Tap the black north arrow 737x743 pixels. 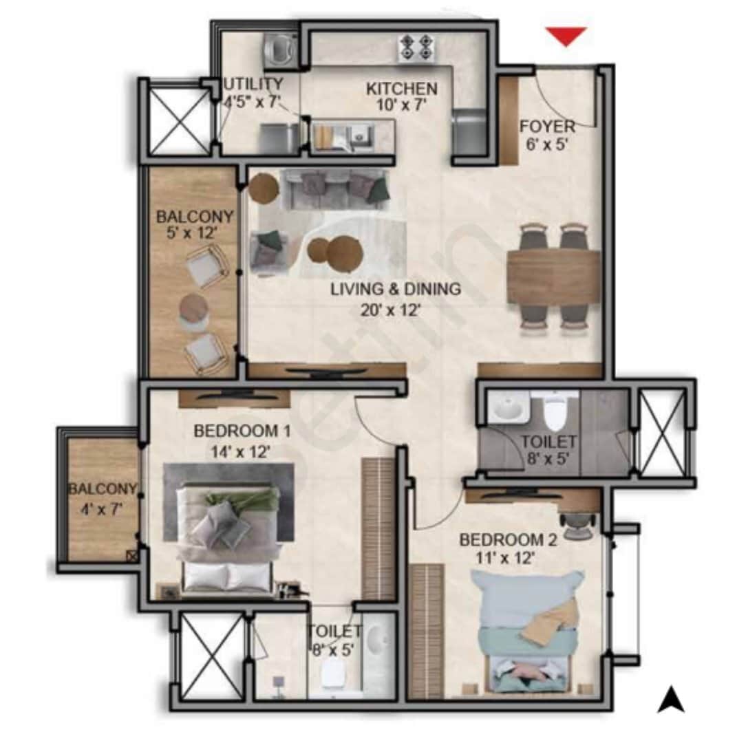(670, 700)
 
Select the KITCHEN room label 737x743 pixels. (401, 89)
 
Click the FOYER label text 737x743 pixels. (547, 127)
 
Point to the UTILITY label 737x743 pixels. (253, 85)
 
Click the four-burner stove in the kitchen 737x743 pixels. (417, 48)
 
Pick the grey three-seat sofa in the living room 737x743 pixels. (337, 189)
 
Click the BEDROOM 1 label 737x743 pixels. (242, 431)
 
